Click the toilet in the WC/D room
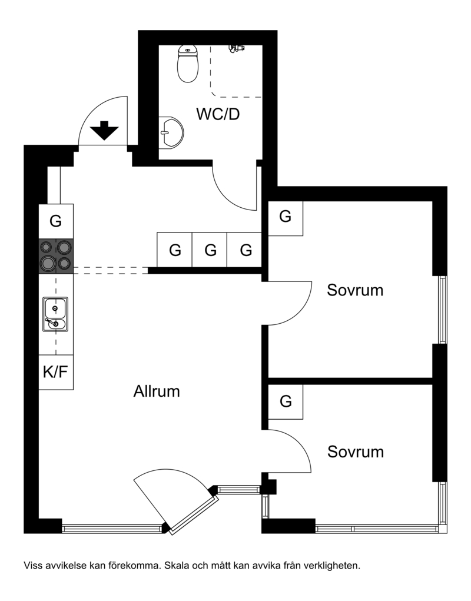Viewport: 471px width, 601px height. [x=188, y=64]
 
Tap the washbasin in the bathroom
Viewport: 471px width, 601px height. [x=171, y=132]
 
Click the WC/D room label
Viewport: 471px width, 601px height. [x=218, y=114]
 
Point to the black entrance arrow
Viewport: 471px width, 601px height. [x=104, y=131]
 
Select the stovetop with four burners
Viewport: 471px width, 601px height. [x=56, y=255]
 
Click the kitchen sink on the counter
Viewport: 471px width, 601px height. [x=55, y=314]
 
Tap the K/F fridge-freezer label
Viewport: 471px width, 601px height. [x=55, y=372]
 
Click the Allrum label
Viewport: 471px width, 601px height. [x=157, y=391]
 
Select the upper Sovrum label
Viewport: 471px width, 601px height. [x=355, y=290]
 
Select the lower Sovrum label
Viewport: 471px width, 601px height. [x=355, y=452]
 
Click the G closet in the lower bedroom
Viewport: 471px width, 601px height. [x=286, y=401]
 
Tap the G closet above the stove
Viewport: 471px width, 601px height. [x=56, y=221]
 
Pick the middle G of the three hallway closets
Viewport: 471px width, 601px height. [x=210, y=250]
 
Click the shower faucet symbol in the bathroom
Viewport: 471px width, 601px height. [x=236, y=48]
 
